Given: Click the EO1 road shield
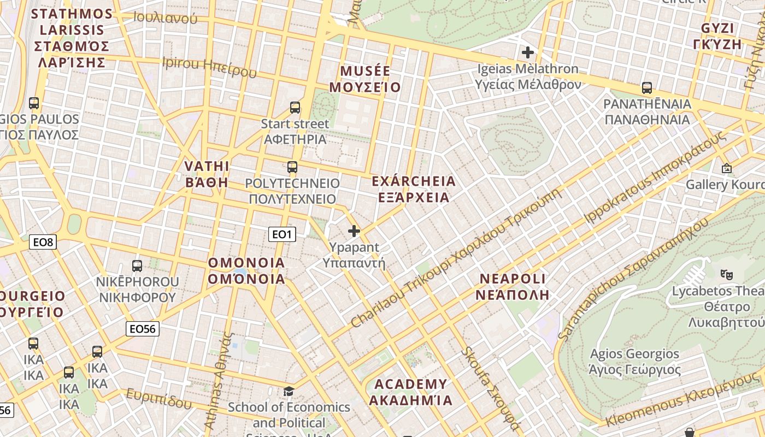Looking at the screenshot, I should [283, 234].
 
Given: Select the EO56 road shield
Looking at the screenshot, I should [143, 328].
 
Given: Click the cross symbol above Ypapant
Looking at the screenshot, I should [354, 231].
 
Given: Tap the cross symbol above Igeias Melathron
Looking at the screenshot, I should [528, 52].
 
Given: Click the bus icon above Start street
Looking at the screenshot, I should [295, 108].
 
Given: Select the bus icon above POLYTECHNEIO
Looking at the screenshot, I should [292, 167].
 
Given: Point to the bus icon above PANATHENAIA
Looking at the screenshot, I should [647, 88].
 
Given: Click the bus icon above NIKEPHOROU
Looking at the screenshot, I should [137, 266].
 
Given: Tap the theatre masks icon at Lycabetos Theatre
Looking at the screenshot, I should [726, 274].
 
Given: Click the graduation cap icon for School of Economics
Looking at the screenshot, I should [289, 391].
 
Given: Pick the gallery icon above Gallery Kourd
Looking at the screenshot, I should [727, 169].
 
